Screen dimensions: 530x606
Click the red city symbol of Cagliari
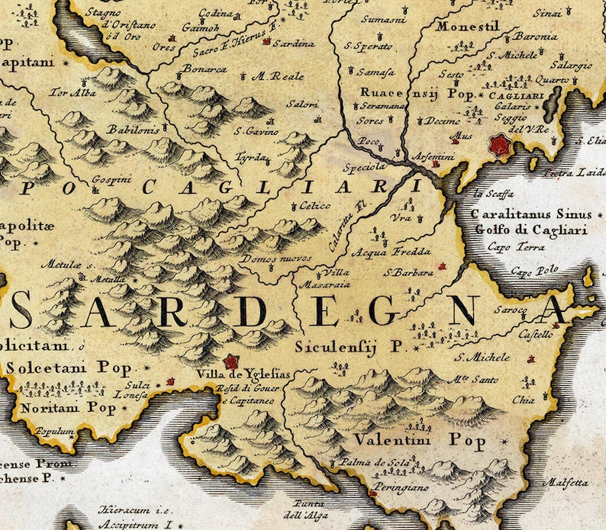pyautogui.click(x=500, y=145)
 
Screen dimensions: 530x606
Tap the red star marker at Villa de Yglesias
pyautogui.click(x=230, y=361)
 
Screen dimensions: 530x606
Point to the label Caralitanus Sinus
pyautogui.click(x=521, y=215)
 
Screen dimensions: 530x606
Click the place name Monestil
pyautogui.click(x=468, y=26)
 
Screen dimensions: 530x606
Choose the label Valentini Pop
pyautogui.click(x=408, y=440)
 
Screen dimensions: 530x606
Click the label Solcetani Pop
pyautogui.click(x=69, y=368)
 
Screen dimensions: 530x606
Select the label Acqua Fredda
pyautogui.click(x=380, y=252)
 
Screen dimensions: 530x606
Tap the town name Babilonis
pyautogui.click(x=134, y=130)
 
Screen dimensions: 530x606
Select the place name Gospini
pyautogui.click(x=107, y=180)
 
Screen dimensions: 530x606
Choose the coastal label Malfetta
pyautogui.click(x=565, y=482)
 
